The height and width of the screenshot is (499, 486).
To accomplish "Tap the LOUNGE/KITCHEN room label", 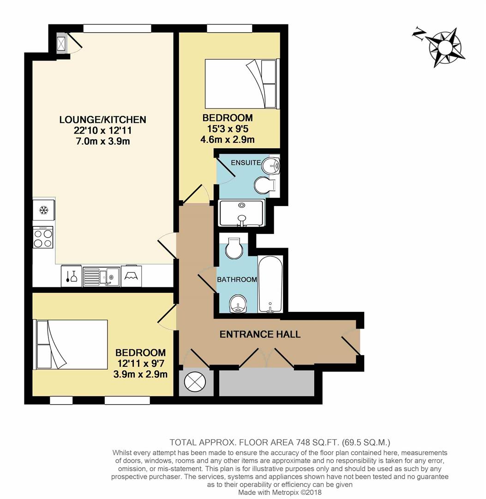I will [102, 120].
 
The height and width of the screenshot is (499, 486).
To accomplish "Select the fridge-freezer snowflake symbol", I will [44, 211].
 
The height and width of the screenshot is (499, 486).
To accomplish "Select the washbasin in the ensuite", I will [272, 165].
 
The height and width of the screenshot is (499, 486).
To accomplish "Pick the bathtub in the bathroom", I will [271, 285].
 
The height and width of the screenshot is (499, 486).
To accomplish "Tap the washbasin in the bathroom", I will [238, 303].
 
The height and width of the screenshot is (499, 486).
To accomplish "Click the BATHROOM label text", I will [237, 280].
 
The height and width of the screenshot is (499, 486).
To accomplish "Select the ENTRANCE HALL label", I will [260, 334].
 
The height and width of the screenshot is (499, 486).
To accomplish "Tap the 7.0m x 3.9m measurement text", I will [102, 141].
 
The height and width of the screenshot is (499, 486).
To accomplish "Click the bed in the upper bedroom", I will [242, 84].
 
